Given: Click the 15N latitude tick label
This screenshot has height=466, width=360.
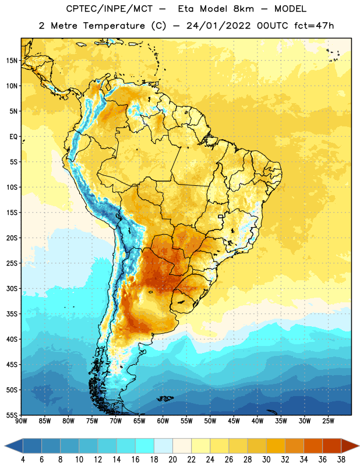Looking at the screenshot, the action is tap(12, 61).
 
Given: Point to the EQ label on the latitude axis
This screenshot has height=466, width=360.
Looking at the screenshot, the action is tap(13, 137).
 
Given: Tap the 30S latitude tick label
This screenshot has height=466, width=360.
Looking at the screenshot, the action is tap(12, 288).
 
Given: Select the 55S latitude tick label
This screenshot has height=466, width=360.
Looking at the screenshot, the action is tap(12, 415).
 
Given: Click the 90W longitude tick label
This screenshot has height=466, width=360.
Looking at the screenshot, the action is tap(22, 421).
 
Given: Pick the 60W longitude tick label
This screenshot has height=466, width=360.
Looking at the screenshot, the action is tap(163, 421).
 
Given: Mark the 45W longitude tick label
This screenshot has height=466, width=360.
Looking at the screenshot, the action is tap(234, 421).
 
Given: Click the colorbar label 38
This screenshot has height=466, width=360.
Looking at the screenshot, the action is tap(341, 460).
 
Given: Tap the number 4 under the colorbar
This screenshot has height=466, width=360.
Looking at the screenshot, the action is tap(23, 460).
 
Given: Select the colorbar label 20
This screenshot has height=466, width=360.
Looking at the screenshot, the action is tap(172, 460).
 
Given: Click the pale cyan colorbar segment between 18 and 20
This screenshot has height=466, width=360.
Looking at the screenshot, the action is tap(163, 446).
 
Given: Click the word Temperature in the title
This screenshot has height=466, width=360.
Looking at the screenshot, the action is tap(114, 26).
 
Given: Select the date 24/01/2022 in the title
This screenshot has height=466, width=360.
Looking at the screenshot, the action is tap(219, 26).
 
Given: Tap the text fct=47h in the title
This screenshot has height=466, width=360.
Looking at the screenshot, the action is tap(314, 26).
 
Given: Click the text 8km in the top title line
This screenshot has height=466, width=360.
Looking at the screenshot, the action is tap(243, 9).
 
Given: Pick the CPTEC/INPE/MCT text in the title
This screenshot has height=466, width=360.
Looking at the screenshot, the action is tap(110, 9).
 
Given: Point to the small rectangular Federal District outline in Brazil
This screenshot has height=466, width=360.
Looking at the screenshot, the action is tap(221, 216).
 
